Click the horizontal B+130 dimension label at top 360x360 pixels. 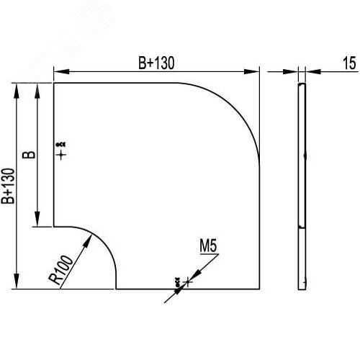(x=156, y=63)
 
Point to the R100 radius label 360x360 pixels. (x=63, y=267)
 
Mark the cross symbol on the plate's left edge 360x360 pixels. (x=62, y=153)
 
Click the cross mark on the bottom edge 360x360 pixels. (x=187, y=282)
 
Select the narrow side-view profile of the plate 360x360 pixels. (x=302, y=186)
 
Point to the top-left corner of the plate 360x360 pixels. (x=54, y=83)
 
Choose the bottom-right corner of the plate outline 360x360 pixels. (x=259, y=289)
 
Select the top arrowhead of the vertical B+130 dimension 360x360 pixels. (x=17, y=87)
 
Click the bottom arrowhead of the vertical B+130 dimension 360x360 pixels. (x=17, y=284)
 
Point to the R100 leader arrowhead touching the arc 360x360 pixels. (x=89, y=240)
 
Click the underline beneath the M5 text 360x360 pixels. (x=209, y=255)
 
